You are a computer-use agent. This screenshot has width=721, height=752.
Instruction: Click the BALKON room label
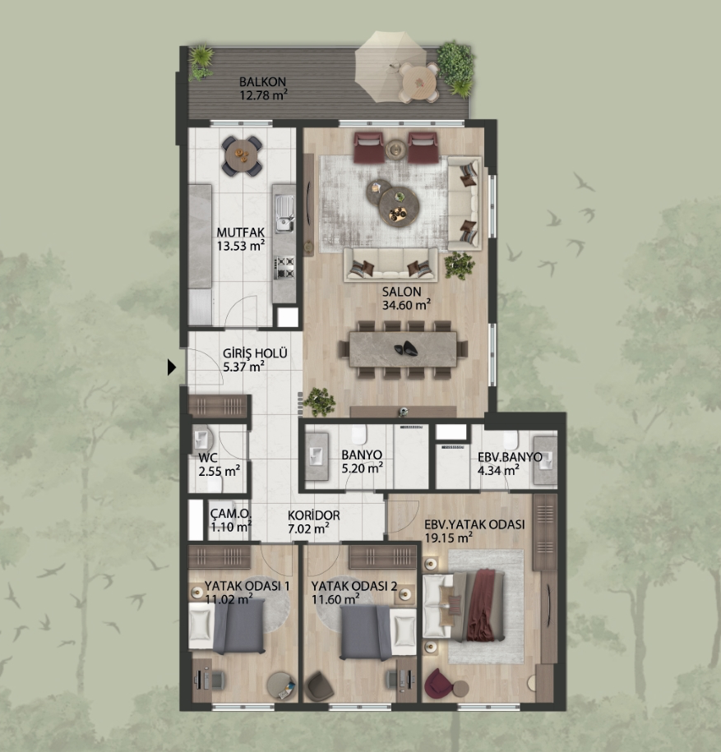point(262,82)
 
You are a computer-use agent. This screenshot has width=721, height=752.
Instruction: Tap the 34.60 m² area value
point(406,305)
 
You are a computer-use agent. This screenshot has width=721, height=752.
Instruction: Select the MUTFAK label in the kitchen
point(240,233)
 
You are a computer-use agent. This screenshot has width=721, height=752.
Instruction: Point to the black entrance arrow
point(172,367)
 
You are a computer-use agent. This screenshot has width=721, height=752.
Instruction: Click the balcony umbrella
point(389,67)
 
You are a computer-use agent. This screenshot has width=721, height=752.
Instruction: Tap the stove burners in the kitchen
point(284,267)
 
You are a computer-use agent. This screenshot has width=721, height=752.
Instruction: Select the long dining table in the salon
point(403,348)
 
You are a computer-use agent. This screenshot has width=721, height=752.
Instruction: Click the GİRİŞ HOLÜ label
point(255,353)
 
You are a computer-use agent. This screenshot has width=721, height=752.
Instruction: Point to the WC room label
point(208,458)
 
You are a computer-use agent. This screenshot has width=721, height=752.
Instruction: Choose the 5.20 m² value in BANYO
point(362,468)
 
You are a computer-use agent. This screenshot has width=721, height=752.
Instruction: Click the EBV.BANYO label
point(510,457)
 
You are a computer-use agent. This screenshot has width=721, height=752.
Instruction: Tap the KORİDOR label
point(314,515)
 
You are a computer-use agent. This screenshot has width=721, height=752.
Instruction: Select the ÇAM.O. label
point(230,514)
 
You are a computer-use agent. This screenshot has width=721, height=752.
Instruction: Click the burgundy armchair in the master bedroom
point(439,682)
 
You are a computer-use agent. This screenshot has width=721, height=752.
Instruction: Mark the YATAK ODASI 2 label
point(354,586)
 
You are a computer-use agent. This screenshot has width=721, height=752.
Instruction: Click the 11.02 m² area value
point(229,599)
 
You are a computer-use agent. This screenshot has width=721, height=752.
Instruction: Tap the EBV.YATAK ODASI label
point(474,524)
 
